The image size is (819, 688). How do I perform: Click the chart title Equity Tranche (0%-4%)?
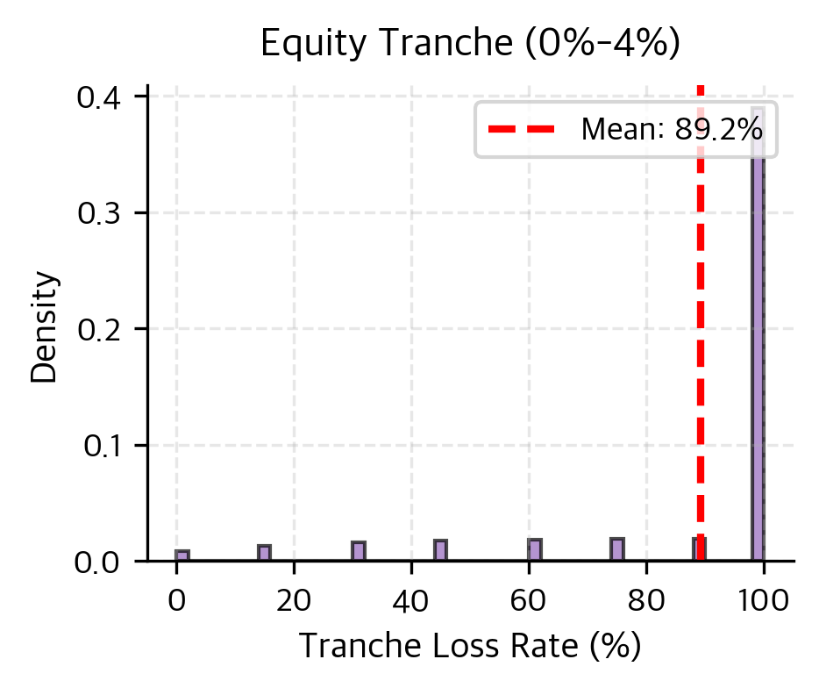tap(471, 46)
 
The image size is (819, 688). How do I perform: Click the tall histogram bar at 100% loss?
tap(758, 351)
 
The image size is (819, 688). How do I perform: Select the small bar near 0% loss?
tap(182, 555)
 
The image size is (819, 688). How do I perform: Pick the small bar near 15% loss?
tap(264, 553)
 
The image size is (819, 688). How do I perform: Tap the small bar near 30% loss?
tap(358, 551)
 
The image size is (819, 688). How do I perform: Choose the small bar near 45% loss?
tap(440, 550)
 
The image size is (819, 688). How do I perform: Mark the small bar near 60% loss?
tap(534, 550)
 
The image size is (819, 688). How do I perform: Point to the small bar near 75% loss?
tap(616, 549)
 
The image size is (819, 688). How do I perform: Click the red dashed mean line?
tap(700, 351)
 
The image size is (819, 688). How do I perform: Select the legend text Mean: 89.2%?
tap(672, 130)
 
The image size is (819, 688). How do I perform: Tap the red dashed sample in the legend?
tap(521, 130)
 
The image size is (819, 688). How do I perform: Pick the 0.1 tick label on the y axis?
tap(103, 445)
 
